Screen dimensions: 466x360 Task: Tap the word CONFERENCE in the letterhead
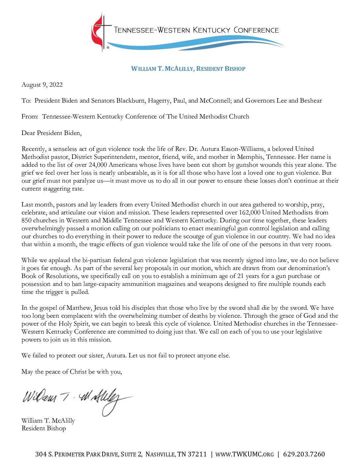pos(256,30)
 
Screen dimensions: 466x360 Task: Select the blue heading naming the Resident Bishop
pos(188,69)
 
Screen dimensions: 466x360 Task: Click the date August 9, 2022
pos(42,85)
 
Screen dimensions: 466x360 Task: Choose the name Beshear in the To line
pos(311,101)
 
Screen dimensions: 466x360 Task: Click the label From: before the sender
pos(30,117)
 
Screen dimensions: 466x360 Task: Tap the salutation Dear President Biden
pos(51,133)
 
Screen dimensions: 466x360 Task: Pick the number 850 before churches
pos(26,220)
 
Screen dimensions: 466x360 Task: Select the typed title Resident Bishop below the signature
pos(44,428)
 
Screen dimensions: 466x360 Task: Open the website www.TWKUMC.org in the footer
pos(245,454)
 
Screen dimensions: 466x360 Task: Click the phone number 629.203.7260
pos(304,454)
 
